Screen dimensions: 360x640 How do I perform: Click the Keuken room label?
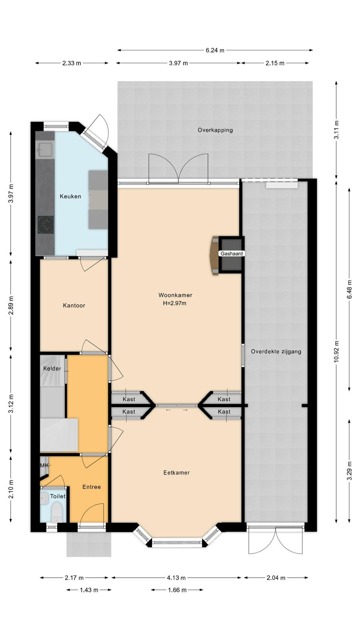70,196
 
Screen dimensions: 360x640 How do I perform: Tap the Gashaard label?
232,254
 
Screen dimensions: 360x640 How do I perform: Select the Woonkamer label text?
175,295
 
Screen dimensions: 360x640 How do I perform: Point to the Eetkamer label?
176,473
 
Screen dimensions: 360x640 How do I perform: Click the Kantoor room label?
74,306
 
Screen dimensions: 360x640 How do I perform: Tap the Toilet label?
58,496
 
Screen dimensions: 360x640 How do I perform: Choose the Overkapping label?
215,130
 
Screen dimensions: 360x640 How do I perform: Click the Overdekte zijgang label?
276,352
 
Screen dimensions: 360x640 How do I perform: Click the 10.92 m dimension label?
337,352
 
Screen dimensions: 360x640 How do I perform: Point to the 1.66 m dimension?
177,590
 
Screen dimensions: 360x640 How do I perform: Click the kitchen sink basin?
44,150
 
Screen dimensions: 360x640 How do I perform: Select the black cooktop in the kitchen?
46,225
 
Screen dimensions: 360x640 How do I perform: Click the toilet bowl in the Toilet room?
56,512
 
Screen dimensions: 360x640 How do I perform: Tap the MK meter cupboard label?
44,466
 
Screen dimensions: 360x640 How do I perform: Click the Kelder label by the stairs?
52,368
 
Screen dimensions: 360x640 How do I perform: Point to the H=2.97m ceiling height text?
174,304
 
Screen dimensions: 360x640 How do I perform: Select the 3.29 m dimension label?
350,471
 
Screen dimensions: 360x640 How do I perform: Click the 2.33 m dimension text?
72,63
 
